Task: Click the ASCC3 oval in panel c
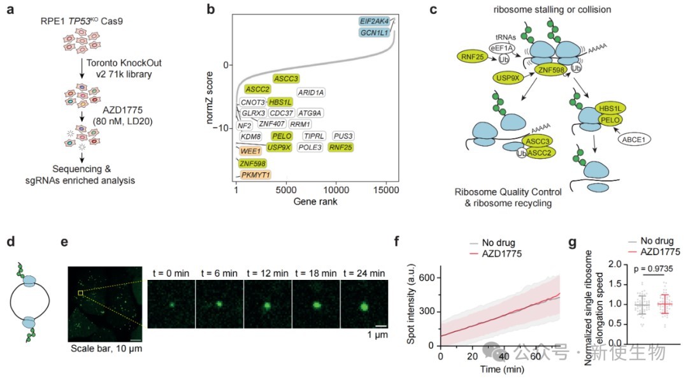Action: (539, 141)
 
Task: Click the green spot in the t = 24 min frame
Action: (363, 307)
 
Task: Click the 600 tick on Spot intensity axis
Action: (429, 278)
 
